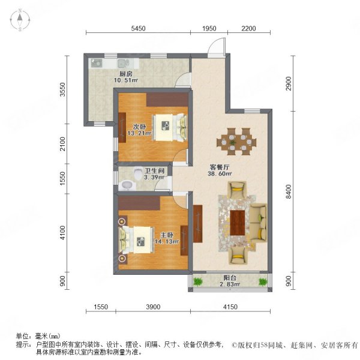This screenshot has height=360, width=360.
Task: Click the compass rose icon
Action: click(20, 20)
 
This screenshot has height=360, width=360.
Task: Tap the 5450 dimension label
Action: click(138, 28)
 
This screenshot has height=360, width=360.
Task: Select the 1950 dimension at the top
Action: click(209, 28)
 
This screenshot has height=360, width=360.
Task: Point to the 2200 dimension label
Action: click(248, 28)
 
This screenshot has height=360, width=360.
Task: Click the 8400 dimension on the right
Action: click(289, 191)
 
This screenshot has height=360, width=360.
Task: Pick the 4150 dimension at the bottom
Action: click(230, 307)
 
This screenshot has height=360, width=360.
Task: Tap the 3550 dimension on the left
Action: click(62, 89)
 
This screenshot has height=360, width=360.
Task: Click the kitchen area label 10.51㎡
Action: click(126, 80)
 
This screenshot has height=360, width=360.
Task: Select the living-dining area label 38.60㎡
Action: click(220, 174)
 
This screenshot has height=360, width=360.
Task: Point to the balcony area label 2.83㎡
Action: click(230, 284)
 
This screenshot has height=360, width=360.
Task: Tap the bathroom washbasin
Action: click(127, 185)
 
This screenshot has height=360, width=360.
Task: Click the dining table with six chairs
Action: click(236, 141)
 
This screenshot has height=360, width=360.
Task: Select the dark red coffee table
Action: click(238, 223)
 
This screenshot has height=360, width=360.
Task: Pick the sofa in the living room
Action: click(258, 223)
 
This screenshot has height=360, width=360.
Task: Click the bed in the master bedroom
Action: click(136, 240)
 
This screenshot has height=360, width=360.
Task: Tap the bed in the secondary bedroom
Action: click(170, 127)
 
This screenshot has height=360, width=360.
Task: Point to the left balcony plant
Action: click(197, 281)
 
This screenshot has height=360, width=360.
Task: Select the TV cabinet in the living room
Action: click(197, 223)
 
